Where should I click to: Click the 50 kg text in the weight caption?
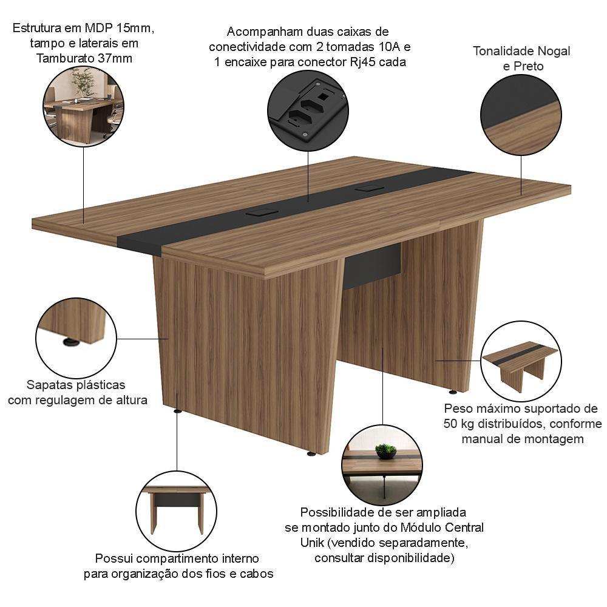click(459, 424)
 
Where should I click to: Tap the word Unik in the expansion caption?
click(312, 543)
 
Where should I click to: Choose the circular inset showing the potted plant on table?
click(382, 465)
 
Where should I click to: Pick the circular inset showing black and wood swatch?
click(521, 115)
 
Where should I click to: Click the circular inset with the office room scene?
click(83, 106)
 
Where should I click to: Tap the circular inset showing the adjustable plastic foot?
click(76, 338)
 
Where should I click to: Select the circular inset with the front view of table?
click(177, 511)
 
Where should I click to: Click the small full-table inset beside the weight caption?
click(521, 361)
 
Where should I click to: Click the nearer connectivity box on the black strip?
click(261, 212)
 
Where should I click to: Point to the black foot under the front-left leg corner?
click(178, 411)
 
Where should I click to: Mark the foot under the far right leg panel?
click(453, 392)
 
